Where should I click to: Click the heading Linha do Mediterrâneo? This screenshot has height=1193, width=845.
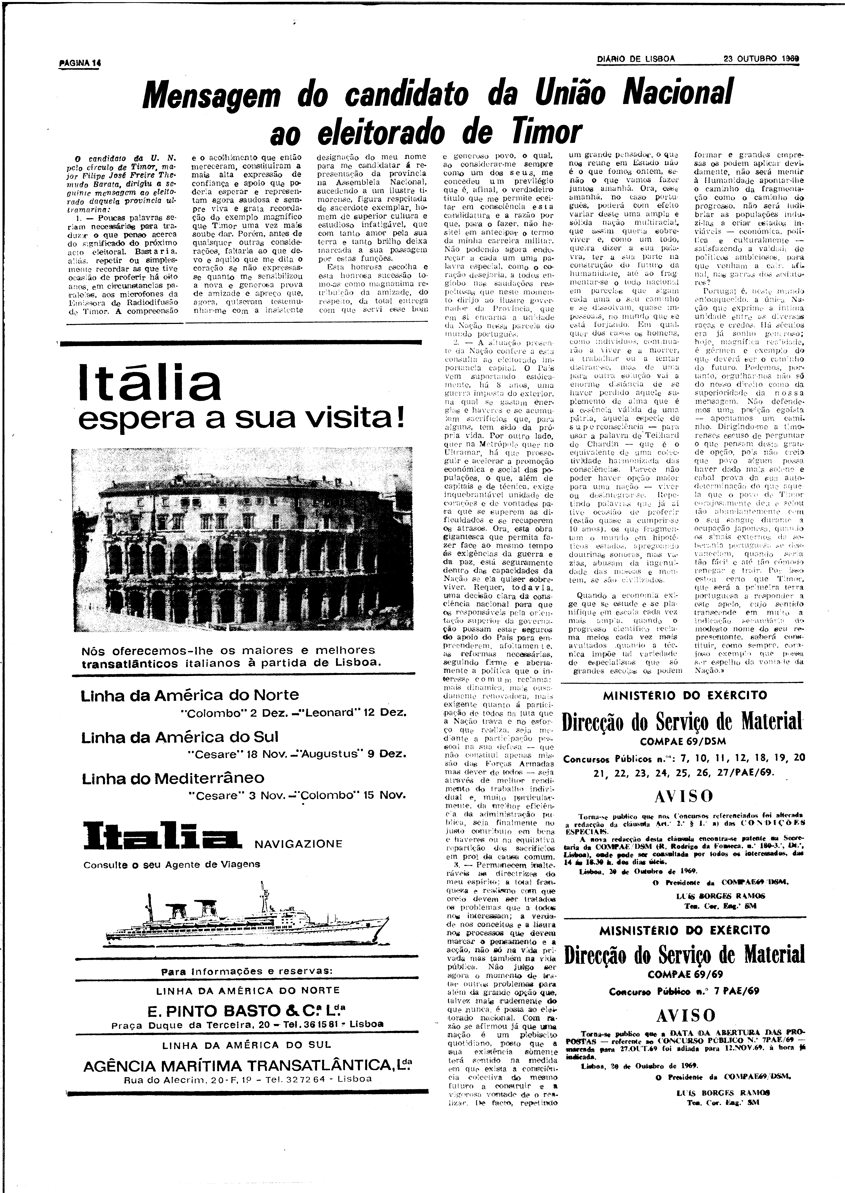coord(173,778)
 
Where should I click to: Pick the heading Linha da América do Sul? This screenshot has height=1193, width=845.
coord(180,737)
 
